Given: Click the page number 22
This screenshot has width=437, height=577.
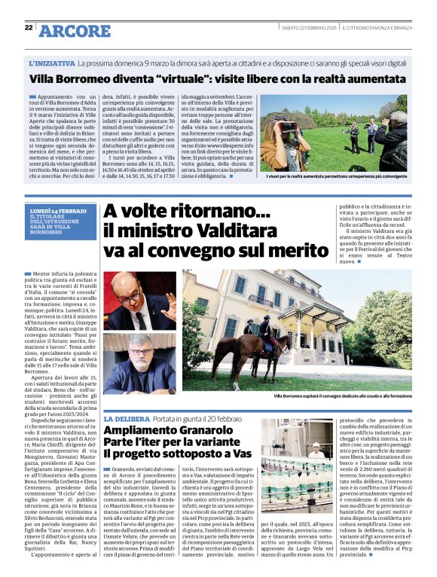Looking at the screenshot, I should click(29, 28).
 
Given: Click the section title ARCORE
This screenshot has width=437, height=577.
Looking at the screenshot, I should click(74, 30).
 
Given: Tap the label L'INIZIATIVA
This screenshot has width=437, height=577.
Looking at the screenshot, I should click(52, 64).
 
